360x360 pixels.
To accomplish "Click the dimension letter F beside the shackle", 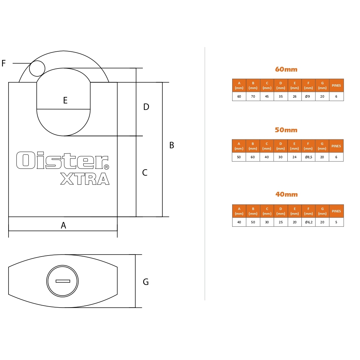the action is coord(3,63).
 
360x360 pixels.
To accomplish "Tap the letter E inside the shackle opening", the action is coord(65,100).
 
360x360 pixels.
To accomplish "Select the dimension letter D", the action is coord(146,107).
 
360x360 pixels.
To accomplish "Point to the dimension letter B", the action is coord(172,145).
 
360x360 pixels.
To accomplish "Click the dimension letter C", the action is coord(145,172).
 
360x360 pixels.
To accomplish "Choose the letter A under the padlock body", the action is coord(63,225).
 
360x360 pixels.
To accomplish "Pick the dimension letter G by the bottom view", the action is coord(146,282).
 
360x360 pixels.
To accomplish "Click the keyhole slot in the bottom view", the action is coord(63,281).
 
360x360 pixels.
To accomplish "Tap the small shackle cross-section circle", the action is coord(37,69).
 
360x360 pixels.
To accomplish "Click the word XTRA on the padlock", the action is coord(85,179).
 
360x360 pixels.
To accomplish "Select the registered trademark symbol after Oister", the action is coord(106,167).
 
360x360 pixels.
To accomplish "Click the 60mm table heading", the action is coord(286,69).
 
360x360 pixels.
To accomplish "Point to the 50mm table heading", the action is coord(286,130).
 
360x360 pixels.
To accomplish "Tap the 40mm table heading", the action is coord(287,194).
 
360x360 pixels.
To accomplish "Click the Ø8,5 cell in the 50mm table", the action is coord(309,157).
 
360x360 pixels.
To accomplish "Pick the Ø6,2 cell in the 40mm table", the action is coord(309,222).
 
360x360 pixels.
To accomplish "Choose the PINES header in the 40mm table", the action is coord(336,211).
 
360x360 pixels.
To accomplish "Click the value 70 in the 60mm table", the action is coord(253,97).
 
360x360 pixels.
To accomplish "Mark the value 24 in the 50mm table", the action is coord(294,157).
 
